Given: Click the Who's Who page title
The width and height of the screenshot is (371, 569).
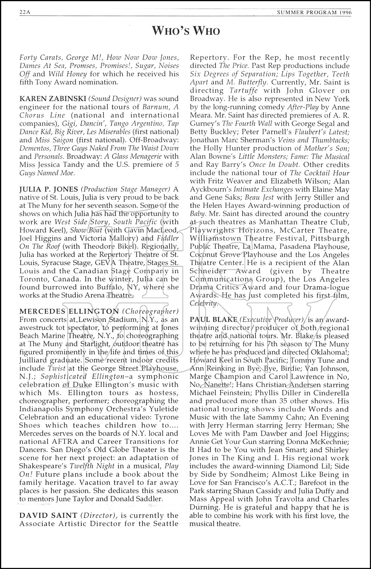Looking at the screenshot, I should click(186, 31).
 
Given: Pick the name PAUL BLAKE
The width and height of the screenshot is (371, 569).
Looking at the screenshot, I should click(213, 319).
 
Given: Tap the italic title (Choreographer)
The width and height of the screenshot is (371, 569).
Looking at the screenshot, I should click(150, 311).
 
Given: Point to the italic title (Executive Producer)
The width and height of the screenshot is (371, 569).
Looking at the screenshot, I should click(272, 319).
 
